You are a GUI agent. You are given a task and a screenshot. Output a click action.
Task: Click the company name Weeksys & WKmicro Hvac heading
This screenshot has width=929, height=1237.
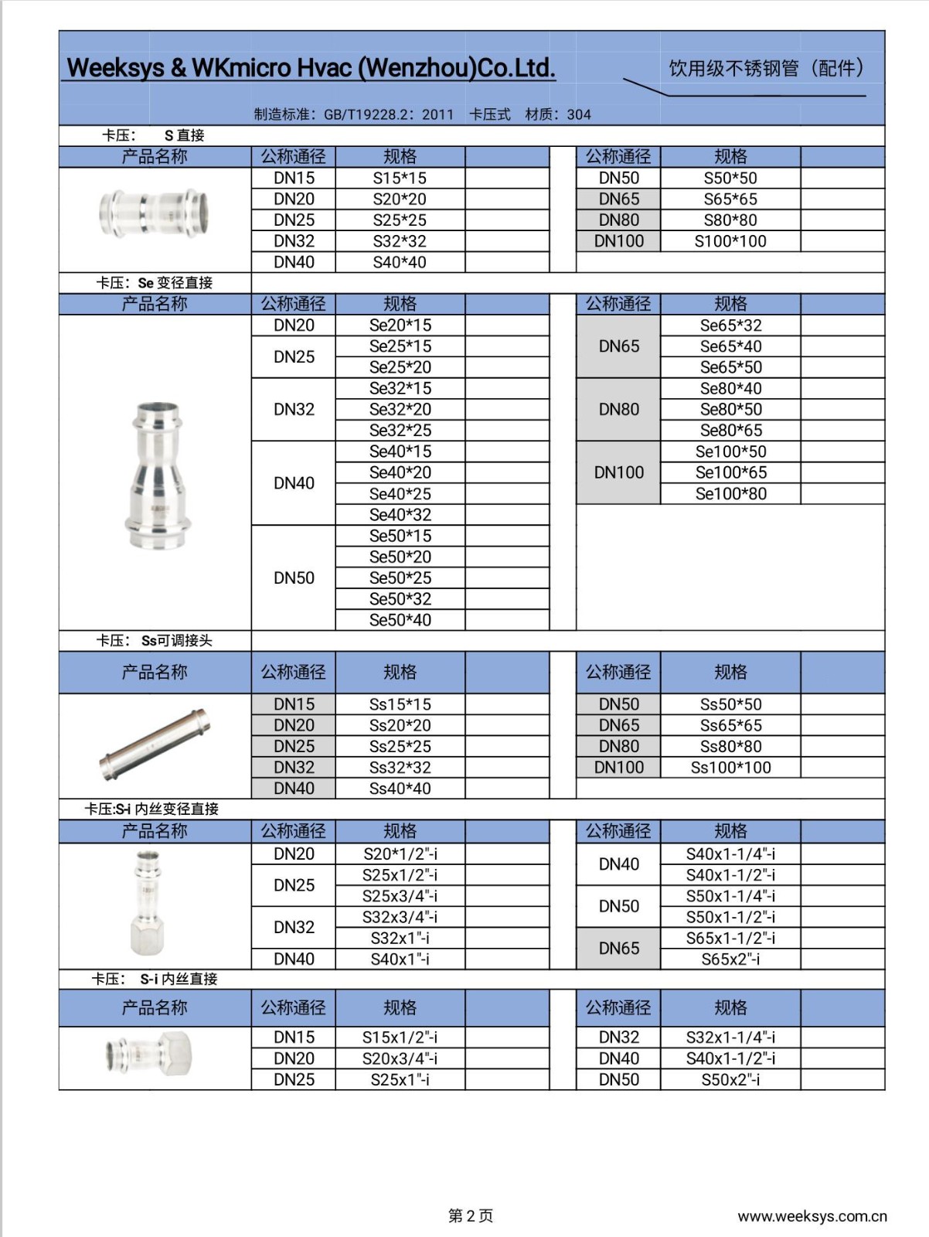[311, 68]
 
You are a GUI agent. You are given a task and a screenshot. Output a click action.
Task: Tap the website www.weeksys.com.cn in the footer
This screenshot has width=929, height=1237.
[812, 1216]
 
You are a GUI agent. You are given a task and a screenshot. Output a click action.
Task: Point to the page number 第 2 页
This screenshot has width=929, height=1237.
[470, 1216]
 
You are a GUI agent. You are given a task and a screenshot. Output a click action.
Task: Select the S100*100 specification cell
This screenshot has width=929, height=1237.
[730, 241]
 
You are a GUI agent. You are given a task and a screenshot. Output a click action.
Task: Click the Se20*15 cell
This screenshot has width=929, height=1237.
[400, 325]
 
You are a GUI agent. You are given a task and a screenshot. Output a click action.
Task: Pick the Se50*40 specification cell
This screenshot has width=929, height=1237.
[400, 620]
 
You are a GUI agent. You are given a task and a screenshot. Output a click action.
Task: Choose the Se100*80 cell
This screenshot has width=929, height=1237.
[730, 493]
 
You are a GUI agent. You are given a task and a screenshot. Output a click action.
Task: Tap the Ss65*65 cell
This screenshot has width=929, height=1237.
[730, 725]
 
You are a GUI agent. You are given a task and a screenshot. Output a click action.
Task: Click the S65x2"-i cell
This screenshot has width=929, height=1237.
[730, 959]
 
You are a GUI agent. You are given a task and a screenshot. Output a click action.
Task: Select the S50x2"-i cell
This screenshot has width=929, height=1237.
[730, 1079]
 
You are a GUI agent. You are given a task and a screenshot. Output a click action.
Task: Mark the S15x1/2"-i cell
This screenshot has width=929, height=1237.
[400, 1038]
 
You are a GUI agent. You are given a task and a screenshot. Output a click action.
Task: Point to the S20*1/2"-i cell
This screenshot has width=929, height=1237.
[400, 854]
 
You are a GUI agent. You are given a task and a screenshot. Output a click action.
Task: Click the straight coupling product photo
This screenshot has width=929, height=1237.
[155, 213]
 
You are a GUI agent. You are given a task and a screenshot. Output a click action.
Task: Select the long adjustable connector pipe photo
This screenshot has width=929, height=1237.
[155, 745]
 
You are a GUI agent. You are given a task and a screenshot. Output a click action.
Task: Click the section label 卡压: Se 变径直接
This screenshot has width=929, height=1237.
[154, 283]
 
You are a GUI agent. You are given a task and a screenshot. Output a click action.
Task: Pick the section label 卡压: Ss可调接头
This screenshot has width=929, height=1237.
[154, 641]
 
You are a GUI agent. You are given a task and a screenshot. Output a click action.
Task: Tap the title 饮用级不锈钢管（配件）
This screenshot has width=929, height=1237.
[765, 69]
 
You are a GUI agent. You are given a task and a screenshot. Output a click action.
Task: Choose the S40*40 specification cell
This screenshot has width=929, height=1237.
[400, 262]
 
